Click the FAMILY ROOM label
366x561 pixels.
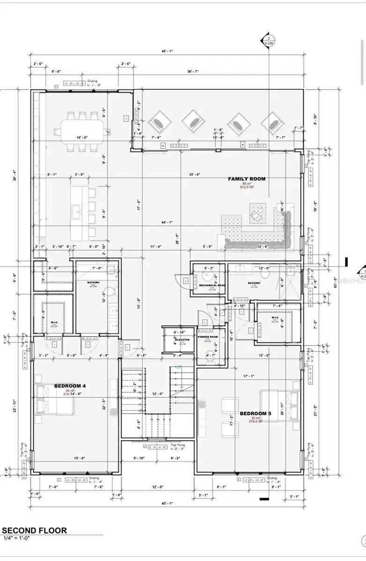(x=246, y=179)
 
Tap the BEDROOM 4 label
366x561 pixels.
(x=69, y=386)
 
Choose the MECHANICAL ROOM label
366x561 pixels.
(x=212, y=285)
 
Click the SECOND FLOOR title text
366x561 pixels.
(x=35, y=530)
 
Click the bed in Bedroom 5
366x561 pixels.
(x=281, y=404)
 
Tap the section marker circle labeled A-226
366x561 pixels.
(x=269, y=40)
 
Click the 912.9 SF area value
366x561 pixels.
(x=247, y=187)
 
